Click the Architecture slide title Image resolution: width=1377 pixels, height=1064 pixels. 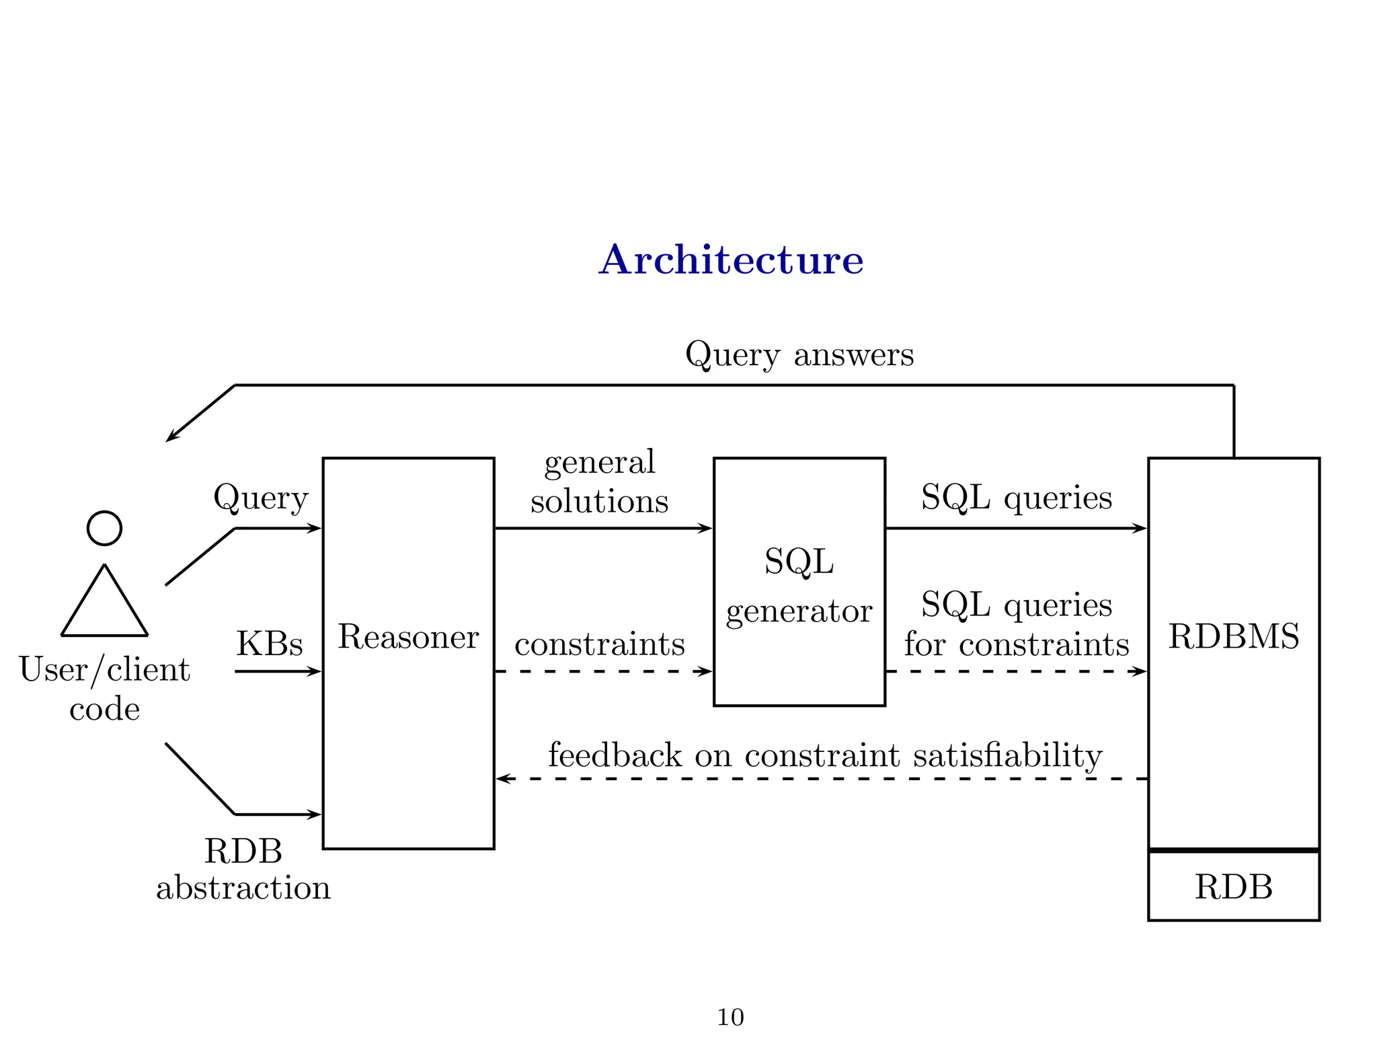[731, 260]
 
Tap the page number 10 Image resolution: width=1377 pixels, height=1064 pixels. [730, 1017]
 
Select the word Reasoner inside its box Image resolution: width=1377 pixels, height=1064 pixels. [408, 636]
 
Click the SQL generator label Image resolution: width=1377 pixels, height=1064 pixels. [799, 585]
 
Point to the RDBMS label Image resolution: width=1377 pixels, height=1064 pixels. [1233, 636]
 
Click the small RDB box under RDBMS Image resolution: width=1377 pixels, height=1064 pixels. [1233, 886]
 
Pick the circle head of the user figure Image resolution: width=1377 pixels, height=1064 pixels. [104, 528]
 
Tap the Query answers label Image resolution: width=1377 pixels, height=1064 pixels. [799, 354]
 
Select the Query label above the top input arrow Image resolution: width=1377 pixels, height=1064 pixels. [261, 498]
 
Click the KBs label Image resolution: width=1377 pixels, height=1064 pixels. [269, 644]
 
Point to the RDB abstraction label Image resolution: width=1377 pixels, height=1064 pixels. [243, 869]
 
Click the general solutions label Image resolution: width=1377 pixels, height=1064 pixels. [599, 482]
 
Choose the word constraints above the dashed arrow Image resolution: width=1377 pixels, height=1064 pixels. [599, 644]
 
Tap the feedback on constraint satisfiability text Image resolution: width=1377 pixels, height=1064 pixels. [825, 755]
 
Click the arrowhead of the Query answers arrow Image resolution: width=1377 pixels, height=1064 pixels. [171, 438]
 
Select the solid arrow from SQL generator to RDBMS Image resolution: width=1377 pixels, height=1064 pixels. [1015, 529]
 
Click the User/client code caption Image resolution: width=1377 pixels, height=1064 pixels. [104, 689]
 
